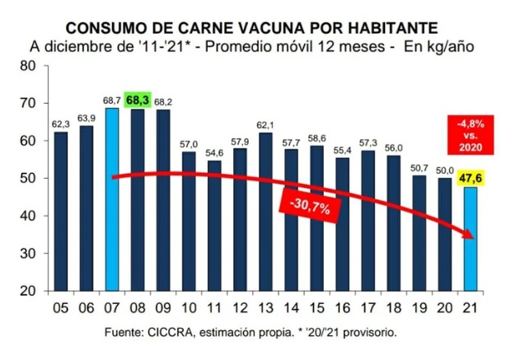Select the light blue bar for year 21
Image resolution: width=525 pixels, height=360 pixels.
471,239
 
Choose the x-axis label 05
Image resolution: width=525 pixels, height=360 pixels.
60,309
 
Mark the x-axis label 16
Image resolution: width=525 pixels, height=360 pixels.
343,309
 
